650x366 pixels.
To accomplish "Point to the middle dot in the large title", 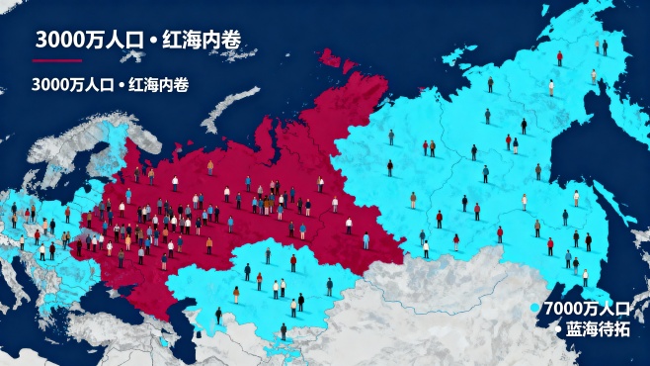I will pyautogui.click(x=151, y=41).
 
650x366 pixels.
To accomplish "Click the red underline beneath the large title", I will pyautogui.click(x=56, y=61).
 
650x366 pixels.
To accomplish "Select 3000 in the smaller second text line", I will pyautogui.click(x=49, y=85).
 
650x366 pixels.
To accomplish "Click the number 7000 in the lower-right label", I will pyautogui.click(x=559, y=308).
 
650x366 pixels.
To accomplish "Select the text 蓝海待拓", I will pyautogui.click(x=598, y=327).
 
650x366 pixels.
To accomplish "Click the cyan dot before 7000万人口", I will pyautogui.click(x=536, y=308).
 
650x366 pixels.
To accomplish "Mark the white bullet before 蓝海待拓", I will pyautogui.click(x=558, y=327).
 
